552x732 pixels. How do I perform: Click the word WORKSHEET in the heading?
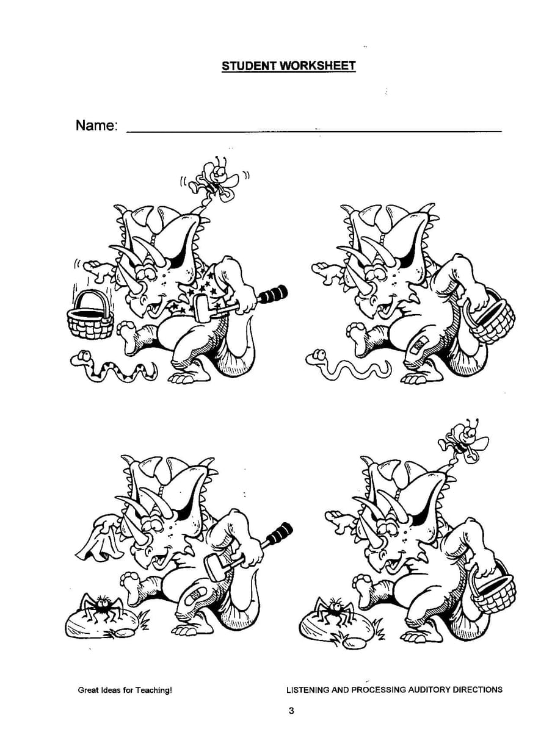click(x=317, y=65)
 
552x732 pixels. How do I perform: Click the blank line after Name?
click(x=314, y=132)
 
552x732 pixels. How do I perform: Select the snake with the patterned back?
click(x=113, y=367)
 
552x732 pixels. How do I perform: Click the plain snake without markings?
click(x=347, y=366)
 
